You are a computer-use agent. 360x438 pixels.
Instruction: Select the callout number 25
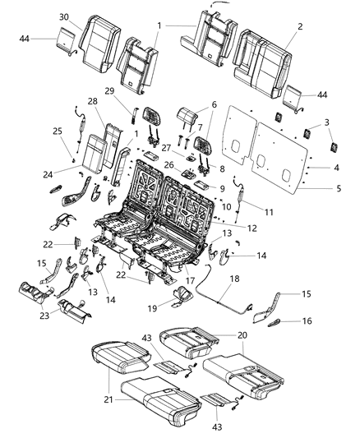point(56,131)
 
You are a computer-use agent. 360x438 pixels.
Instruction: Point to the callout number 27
point(165,149)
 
